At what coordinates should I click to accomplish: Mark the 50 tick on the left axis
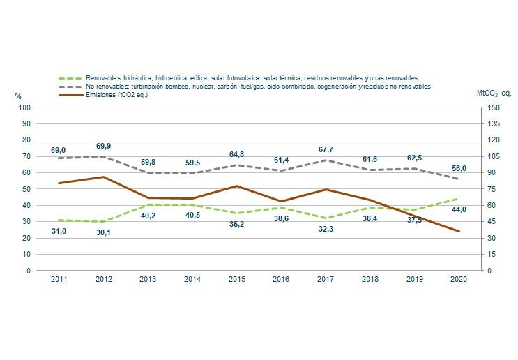(26, 189)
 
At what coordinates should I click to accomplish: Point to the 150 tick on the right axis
(494, 107)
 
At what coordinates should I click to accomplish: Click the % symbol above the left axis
(19, 96)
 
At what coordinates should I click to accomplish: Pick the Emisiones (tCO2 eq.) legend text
(116, 95)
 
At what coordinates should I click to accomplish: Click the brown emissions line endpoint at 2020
(458, 231)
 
